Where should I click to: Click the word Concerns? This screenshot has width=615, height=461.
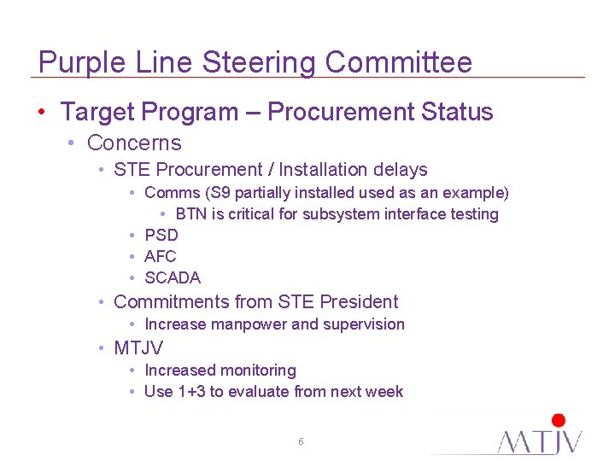134,143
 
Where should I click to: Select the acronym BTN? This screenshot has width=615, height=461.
191,214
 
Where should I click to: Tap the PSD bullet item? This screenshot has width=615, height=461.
161,235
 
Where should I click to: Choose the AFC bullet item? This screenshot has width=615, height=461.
161,256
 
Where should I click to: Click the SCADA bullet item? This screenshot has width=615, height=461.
173,277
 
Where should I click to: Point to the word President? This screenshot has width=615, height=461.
359,301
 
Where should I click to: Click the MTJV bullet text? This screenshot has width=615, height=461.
138,347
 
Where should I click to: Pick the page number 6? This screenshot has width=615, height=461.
301,441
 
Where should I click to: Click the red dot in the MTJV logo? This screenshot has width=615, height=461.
559,421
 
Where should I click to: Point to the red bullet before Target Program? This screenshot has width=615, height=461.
41,112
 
